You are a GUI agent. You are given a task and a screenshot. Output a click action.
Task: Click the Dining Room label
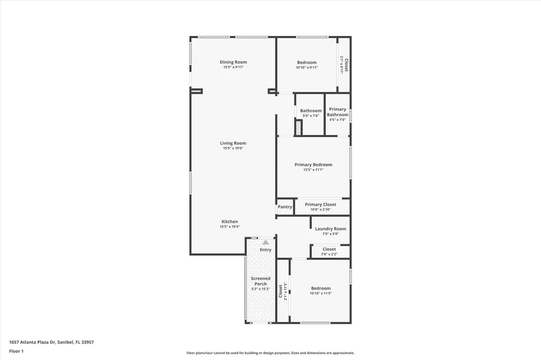point(233,62)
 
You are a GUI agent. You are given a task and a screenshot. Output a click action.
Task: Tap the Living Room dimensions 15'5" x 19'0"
point(233,148)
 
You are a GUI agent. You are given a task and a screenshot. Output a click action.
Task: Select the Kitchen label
point(229,222)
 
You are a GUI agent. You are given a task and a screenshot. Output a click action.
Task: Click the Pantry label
point(285,207)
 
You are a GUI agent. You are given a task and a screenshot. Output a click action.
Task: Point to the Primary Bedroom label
point(313,165)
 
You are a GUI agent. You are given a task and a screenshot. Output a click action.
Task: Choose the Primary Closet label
point(320,205)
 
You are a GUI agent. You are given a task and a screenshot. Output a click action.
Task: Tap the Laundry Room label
point(330,229)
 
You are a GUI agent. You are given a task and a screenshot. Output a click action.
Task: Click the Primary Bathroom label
point(337,112)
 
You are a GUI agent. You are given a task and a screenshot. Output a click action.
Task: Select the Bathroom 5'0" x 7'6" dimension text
point(311,116)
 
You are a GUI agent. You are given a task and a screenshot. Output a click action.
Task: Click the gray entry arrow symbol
point(265,242)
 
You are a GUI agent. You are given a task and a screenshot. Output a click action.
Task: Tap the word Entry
point(265,250)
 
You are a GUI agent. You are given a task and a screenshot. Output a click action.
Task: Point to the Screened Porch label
point(260,281)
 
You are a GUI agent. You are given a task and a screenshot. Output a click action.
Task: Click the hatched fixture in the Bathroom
point(298,128)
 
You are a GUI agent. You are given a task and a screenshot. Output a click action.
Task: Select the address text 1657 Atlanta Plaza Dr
point(52,342)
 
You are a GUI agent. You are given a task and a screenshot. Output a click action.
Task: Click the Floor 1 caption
point(16,351)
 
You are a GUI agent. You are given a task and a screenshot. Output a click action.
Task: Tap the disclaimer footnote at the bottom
point(270,353)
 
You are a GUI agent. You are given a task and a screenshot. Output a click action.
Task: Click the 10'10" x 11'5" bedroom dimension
point(320,293)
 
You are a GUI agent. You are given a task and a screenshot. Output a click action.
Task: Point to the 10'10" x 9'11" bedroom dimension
point(306,68)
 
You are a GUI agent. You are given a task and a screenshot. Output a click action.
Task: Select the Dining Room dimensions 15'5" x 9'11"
point(233,68)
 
